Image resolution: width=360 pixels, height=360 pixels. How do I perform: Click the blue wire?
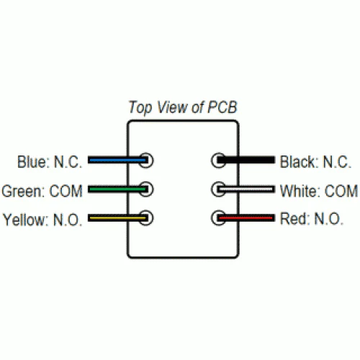pos(117,160)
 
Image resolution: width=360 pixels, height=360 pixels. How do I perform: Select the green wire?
pos(117,189)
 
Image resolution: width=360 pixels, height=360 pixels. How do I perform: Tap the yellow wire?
pos(117,218)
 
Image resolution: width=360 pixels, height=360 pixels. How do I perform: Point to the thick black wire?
pos(246,160)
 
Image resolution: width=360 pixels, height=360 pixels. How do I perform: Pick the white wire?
pos(246,189)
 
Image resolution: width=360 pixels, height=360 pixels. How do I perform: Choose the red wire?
pos(246,218)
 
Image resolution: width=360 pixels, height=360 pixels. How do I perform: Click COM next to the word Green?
pos(66,192)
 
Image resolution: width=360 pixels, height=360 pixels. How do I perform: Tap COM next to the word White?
pos(341,191)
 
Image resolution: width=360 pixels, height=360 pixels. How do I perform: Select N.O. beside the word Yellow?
pos(68,220)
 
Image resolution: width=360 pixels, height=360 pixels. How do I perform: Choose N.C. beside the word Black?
pos(337,162)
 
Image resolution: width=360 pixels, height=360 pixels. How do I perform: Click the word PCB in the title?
pos(222,107)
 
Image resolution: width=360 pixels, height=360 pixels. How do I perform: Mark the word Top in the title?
pos(140,107)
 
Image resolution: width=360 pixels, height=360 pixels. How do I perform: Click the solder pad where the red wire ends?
pos(218,218)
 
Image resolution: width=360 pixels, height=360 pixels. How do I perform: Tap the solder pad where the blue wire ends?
pos(146,160)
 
